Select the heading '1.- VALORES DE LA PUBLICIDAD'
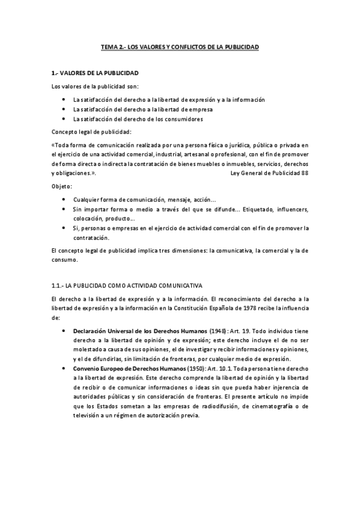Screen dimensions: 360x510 pos(96,74)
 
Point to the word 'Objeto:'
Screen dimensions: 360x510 pos(62,186)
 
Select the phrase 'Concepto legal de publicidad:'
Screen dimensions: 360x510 pos(91,132)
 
